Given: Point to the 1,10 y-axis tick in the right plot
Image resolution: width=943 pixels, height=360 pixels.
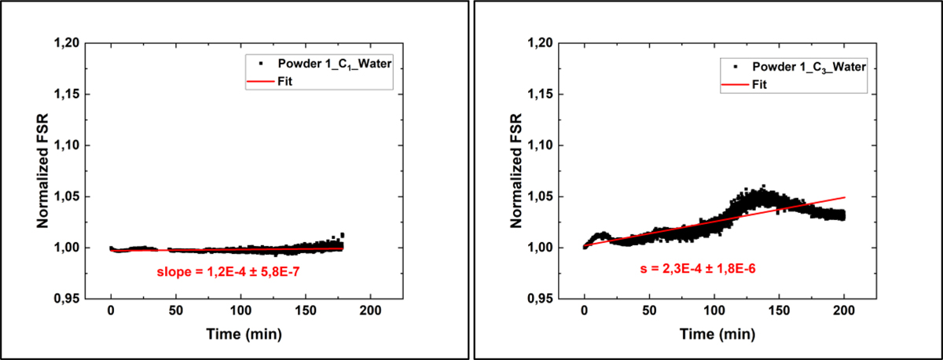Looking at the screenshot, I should click(x=554, y=145).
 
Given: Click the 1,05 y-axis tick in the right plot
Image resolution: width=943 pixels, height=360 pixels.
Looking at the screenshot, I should click(x=554, y=197).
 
